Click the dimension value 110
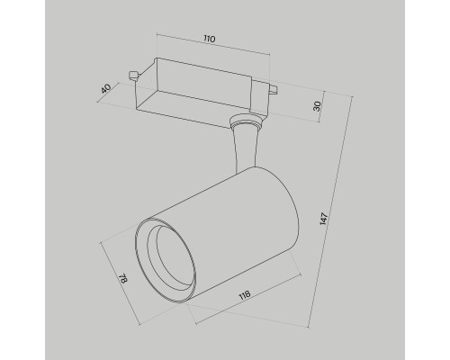click(209, 40)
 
